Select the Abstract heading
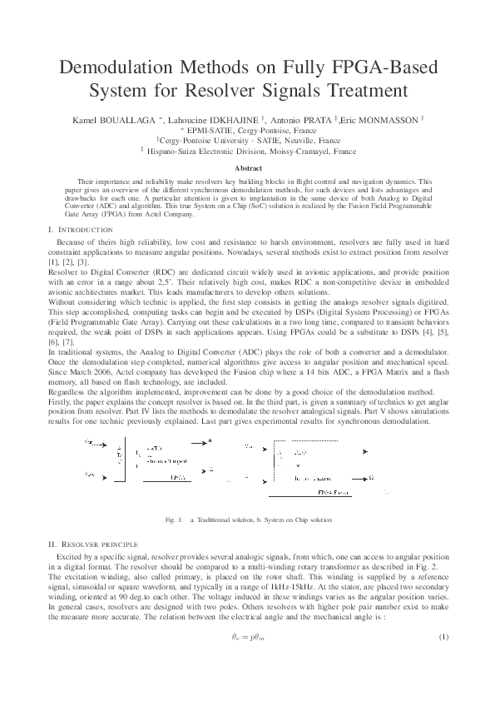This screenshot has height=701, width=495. click(x=247, y=168)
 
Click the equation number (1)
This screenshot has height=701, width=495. click(x=443, y=637)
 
